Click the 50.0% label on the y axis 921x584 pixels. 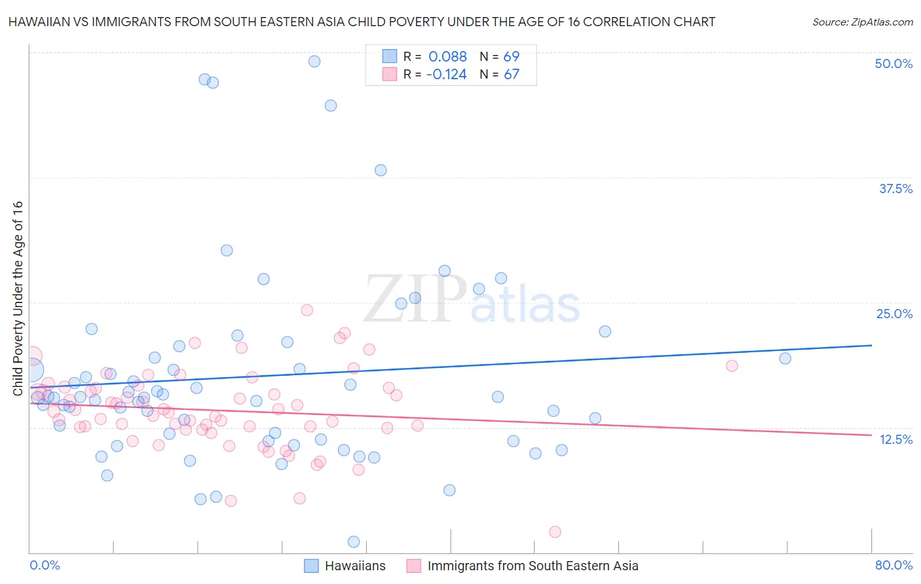coord(893,64)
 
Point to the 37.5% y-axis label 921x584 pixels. coord(895,189)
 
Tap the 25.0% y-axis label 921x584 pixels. coord(894,314)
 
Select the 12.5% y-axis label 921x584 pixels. coord(895,439)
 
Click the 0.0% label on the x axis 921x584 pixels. coord(45,565)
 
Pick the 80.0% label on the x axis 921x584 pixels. coord(893,565)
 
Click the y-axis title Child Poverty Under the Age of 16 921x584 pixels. coord(18,298)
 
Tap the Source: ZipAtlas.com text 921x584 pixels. coord(862,22)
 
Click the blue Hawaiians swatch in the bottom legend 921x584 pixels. coord(311,566)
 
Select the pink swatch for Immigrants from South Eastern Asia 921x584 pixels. coord(413,566)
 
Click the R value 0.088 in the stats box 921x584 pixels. coord(447,56)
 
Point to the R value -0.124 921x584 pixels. coord(446,74)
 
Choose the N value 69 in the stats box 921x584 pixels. coord(511,56)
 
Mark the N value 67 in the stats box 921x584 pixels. coord(511,74)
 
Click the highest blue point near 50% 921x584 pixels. coord(314,62)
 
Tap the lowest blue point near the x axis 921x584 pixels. coord(354,541)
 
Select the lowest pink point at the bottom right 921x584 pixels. coord(555,532)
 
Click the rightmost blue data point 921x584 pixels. coord(785,358)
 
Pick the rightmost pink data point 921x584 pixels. coord(732,366)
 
